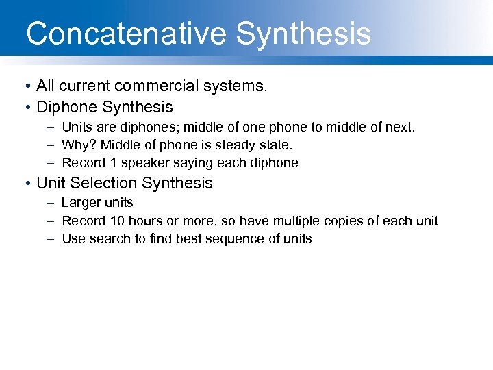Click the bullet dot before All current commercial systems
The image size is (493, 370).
(25, 86)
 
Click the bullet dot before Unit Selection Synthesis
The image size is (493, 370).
(25, 184)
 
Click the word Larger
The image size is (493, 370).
(81, 203)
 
